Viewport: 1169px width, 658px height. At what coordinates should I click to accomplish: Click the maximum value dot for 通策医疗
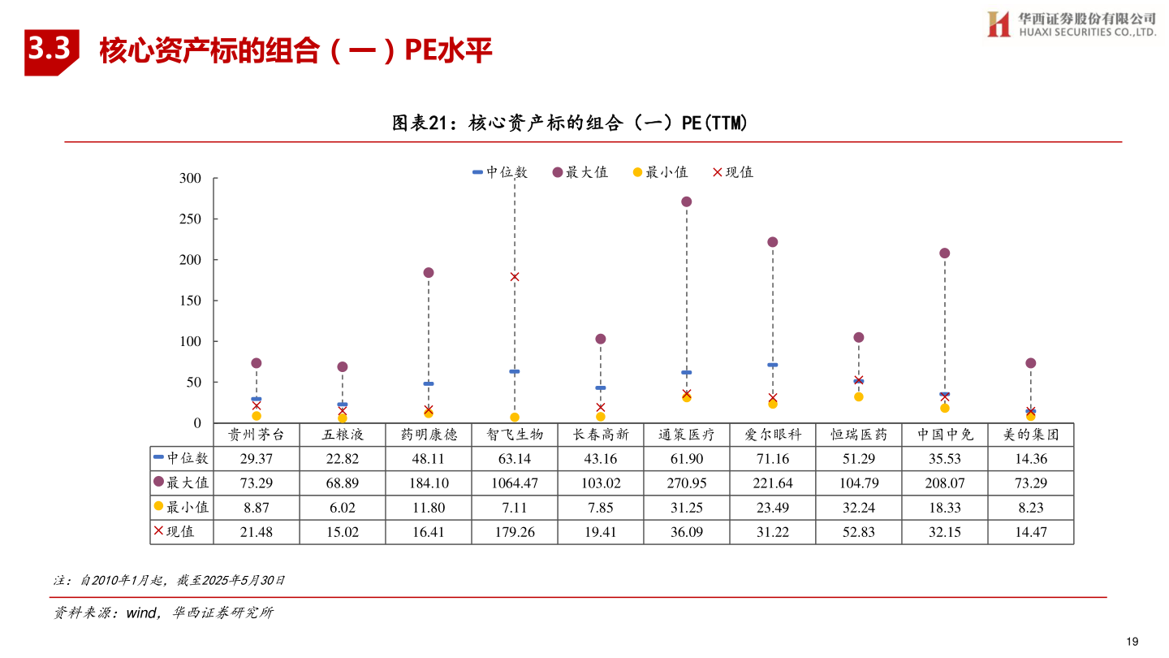coord(686,201)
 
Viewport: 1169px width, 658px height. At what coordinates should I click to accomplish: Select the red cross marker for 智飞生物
coord(515,277)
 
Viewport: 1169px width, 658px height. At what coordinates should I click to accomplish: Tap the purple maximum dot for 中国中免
coord(944,253)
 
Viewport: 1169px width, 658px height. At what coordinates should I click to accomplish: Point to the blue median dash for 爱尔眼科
coord(772,365)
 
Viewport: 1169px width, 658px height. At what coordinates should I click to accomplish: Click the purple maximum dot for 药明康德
coord(429,273)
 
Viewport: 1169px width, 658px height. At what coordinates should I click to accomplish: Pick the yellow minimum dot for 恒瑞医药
coord(858,396)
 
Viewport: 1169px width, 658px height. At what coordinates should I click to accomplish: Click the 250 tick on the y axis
coord(189,219)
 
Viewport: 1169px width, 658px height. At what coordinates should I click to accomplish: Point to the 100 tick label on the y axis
coord(189,342)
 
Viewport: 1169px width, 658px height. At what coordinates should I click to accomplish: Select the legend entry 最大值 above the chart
coord(580,172)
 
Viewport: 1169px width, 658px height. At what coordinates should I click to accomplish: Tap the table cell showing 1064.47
coord(514,483)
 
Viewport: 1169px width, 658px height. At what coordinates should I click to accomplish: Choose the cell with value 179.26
coord(514,532)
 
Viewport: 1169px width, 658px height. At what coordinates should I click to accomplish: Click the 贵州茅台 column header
coord(256,435)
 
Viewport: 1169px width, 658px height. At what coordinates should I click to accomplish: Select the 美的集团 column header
coord(1030,435)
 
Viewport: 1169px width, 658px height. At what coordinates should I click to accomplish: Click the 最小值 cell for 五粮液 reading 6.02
coord(342,508)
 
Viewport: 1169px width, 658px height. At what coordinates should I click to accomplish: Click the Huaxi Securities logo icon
coord(998,24)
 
